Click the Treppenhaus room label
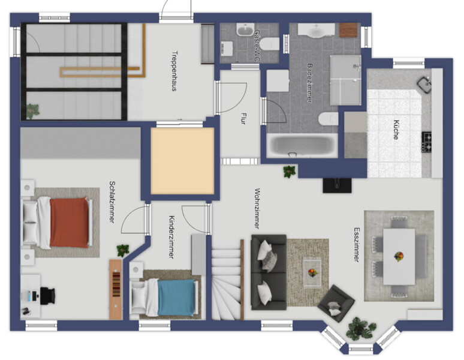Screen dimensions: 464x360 174,71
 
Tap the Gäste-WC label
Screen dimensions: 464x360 257,44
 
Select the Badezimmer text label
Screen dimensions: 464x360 309,83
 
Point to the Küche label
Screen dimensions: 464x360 396,130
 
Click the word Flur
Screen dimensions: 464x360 243,118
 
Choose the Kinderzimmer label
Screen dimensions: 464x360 171,237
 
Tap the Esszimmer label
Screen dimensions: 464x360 357,245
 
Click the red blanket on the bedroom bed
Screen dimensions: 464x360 70,223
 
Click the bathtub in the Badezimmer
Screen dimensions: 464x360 302,145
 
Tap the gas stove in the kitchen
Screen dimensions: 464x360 426,142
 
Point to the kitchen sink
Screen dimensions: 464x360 424,85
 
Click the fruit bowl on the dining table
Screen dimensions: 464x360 399,256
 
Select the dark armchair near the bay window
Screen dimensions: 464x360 336,304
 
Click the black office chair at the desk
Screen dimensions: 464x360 47,295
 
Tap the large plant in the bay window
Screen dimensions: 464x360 360,328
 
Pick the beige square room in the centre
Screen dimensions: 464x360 182,161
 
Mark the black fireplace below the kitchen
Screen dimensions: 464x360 337,185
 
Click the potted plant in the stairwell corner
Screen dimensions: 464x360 32,111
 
